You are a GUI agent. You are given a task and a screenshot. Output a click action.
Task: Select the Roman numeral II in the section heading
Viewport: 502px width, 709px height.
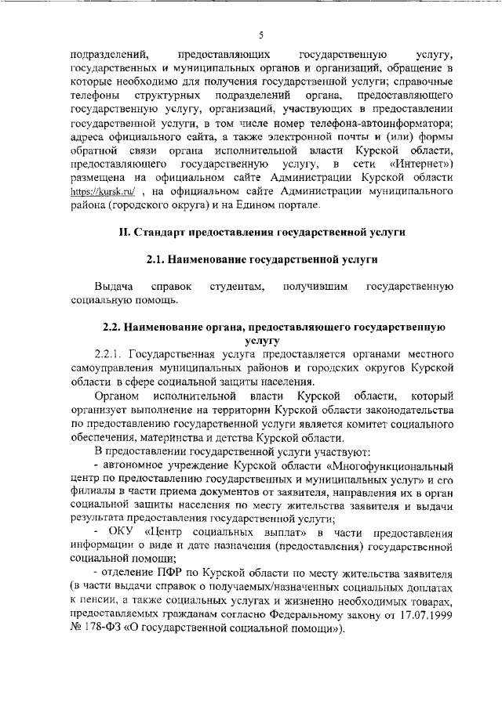click(x=123, y=232)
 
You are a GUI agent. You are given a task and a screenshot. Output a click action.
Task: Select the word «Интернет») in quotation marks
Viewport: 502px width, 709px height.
click(x=417, y=164)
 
